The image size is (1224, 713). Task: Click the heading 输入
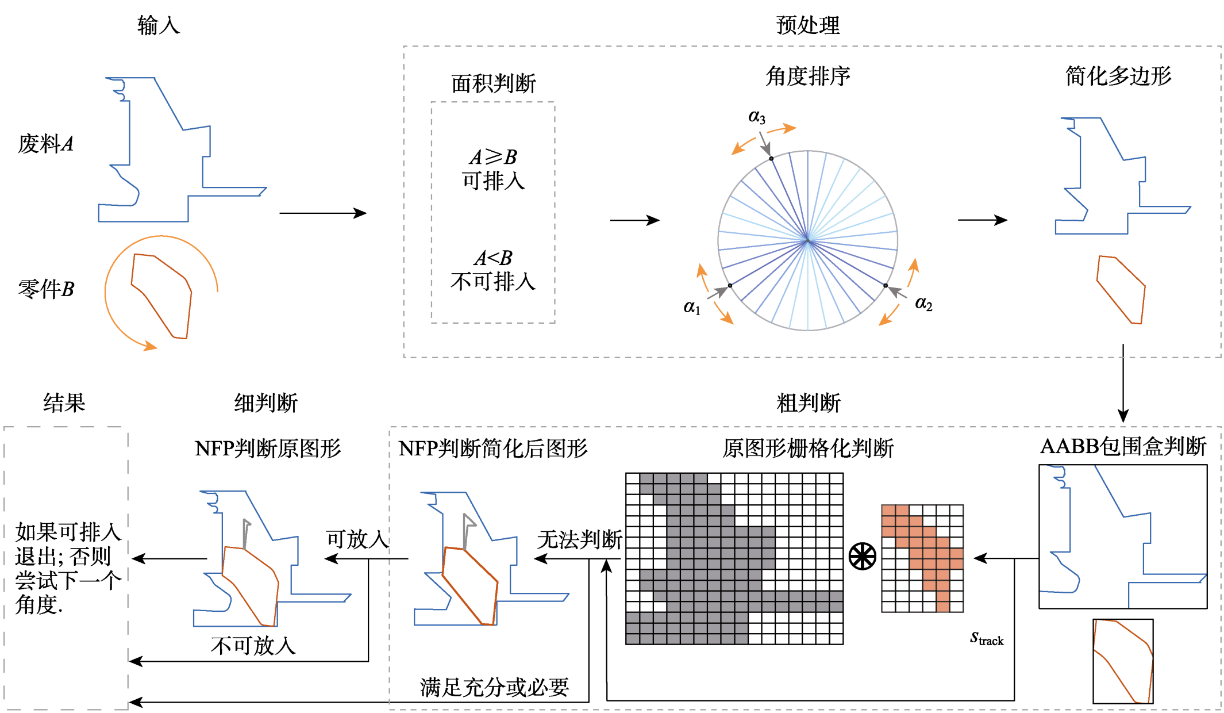click(x=159, y=25)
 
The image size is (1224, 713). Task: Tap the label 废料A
click(x=46, y=144)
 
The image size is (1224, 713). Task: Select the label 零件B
click(x=46, y=289)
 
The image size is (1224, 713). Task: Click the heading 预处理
click(x=808, y=25)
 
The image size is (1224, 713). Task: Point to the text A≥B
click(x=493, y=156)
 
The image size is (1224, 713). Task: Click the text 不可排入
click(x=493, y=282)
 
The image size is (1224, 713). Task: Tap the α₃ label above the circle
click(x=757, y=117)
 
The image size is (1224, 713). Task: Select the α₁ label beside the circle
click(x=692, y=307)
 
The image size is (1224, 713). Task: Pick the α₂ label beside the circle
click(x=923, y=303)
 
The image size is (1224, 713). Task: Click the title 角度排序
click(x=808, y=76)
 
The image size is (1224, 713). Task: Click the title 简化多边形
click(x=1118, y=76)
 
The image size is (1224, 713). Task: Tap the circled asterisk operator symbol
click(x=863, y=557)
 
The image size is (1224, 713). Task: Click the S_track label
click(x=987, y=638)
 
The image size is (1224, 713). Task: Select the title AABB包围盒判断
click(x=1123, y=446)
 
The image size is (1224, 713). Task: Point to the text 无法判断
click(x=580, y=539)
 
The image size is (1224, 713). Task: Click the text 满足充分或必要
click(x=494, y=687)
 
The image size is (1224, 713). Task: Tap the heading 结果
click(x=64, y=402)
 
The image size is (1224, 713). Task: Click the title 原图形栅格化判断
click(x=808, y=448)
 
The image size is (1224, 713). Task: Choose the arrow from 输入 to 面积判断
click(x=323, y=213)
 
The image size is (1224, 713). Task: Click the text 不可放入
click(x=253, y=646)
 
